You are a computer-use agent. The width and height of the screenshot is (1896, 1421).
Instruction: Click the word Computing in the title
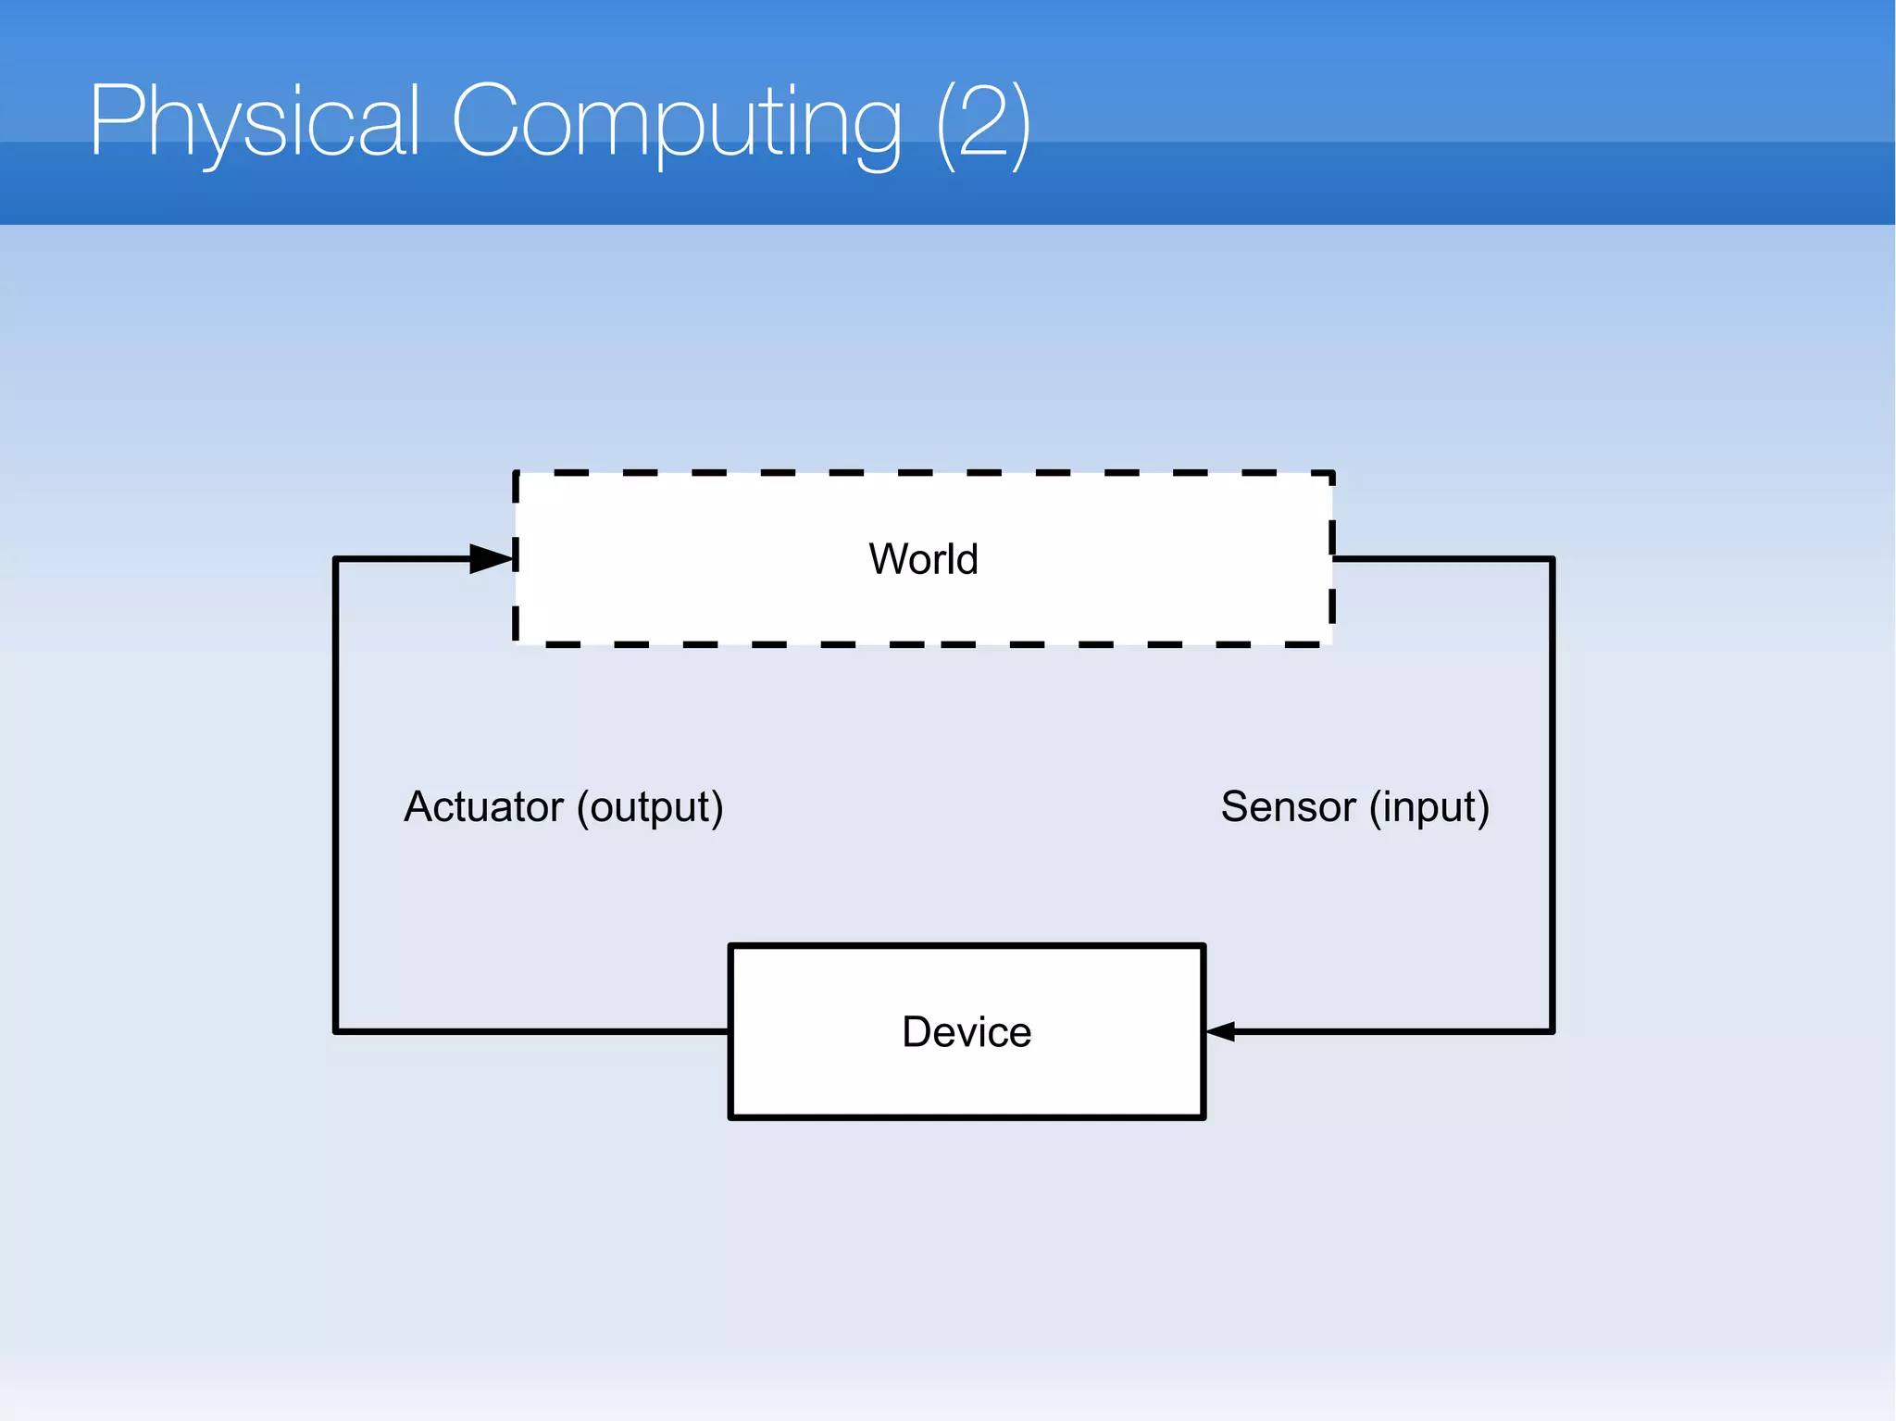[676, 123]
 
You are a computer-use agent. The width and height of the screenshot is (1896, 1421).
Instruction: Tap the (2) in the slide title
[983, 123]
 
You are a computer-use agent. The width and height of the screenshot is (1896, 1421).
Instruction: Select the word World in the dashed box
[923, 559]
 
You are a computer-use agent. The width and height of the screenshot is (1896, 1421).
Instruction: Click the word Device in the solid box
[967, 1031]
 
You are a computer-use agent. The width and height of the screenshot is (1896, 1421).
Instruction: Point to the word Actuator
[483, 806]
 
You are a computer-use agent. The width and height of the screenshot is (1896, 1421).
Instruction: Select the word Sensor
[1288, 806]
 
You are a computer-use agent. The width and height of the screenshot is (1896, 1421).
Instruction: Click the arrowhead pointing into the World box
[491, 559]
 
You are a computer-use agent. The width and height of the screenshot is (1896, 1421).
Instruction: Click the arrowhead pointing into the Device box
[1221, 1031]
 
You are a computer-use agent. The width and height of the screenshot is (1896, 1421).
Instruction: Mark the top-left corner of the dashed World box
[517, 473]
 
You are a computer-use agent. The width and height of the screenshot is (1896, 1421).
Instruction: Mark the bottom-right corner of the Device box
[1203, 1117]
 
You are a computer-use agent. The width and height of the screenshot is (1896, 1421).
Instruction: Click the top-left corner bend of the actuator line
[335, 559]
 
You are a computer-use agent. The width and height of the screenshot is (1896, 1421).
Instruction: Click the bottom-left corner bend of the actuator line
[335, 1031]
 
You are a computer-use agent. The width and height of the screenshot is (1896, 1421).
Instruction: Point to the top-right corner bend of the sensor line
[1553, 559]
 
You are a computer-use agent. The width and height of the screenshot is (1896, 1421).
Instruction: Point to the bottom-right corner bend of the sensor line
[1553, 1031]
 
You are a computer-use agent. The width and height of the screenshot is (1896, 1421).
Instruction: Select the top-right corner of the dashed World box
[1332, 473]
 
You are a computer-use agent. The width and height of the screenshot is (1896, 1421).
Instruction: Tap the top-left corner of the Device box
[731, 946]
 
